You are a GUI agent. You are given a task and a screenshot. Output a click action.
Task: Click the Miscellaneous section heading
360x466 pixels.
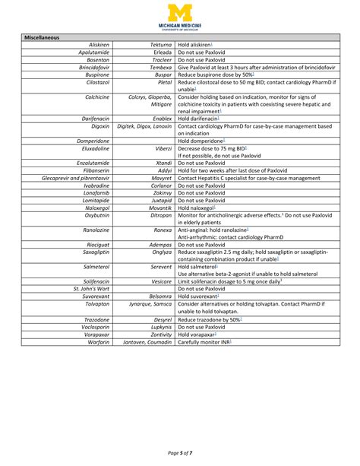tap(43, 37)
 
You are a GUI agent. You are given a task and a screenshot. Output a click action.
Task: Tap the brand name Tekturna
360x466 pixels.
tap(156, 45)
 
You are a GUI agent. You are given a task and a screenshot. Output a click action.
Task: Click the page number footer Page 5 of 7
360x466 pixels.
tap(180, 453)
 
